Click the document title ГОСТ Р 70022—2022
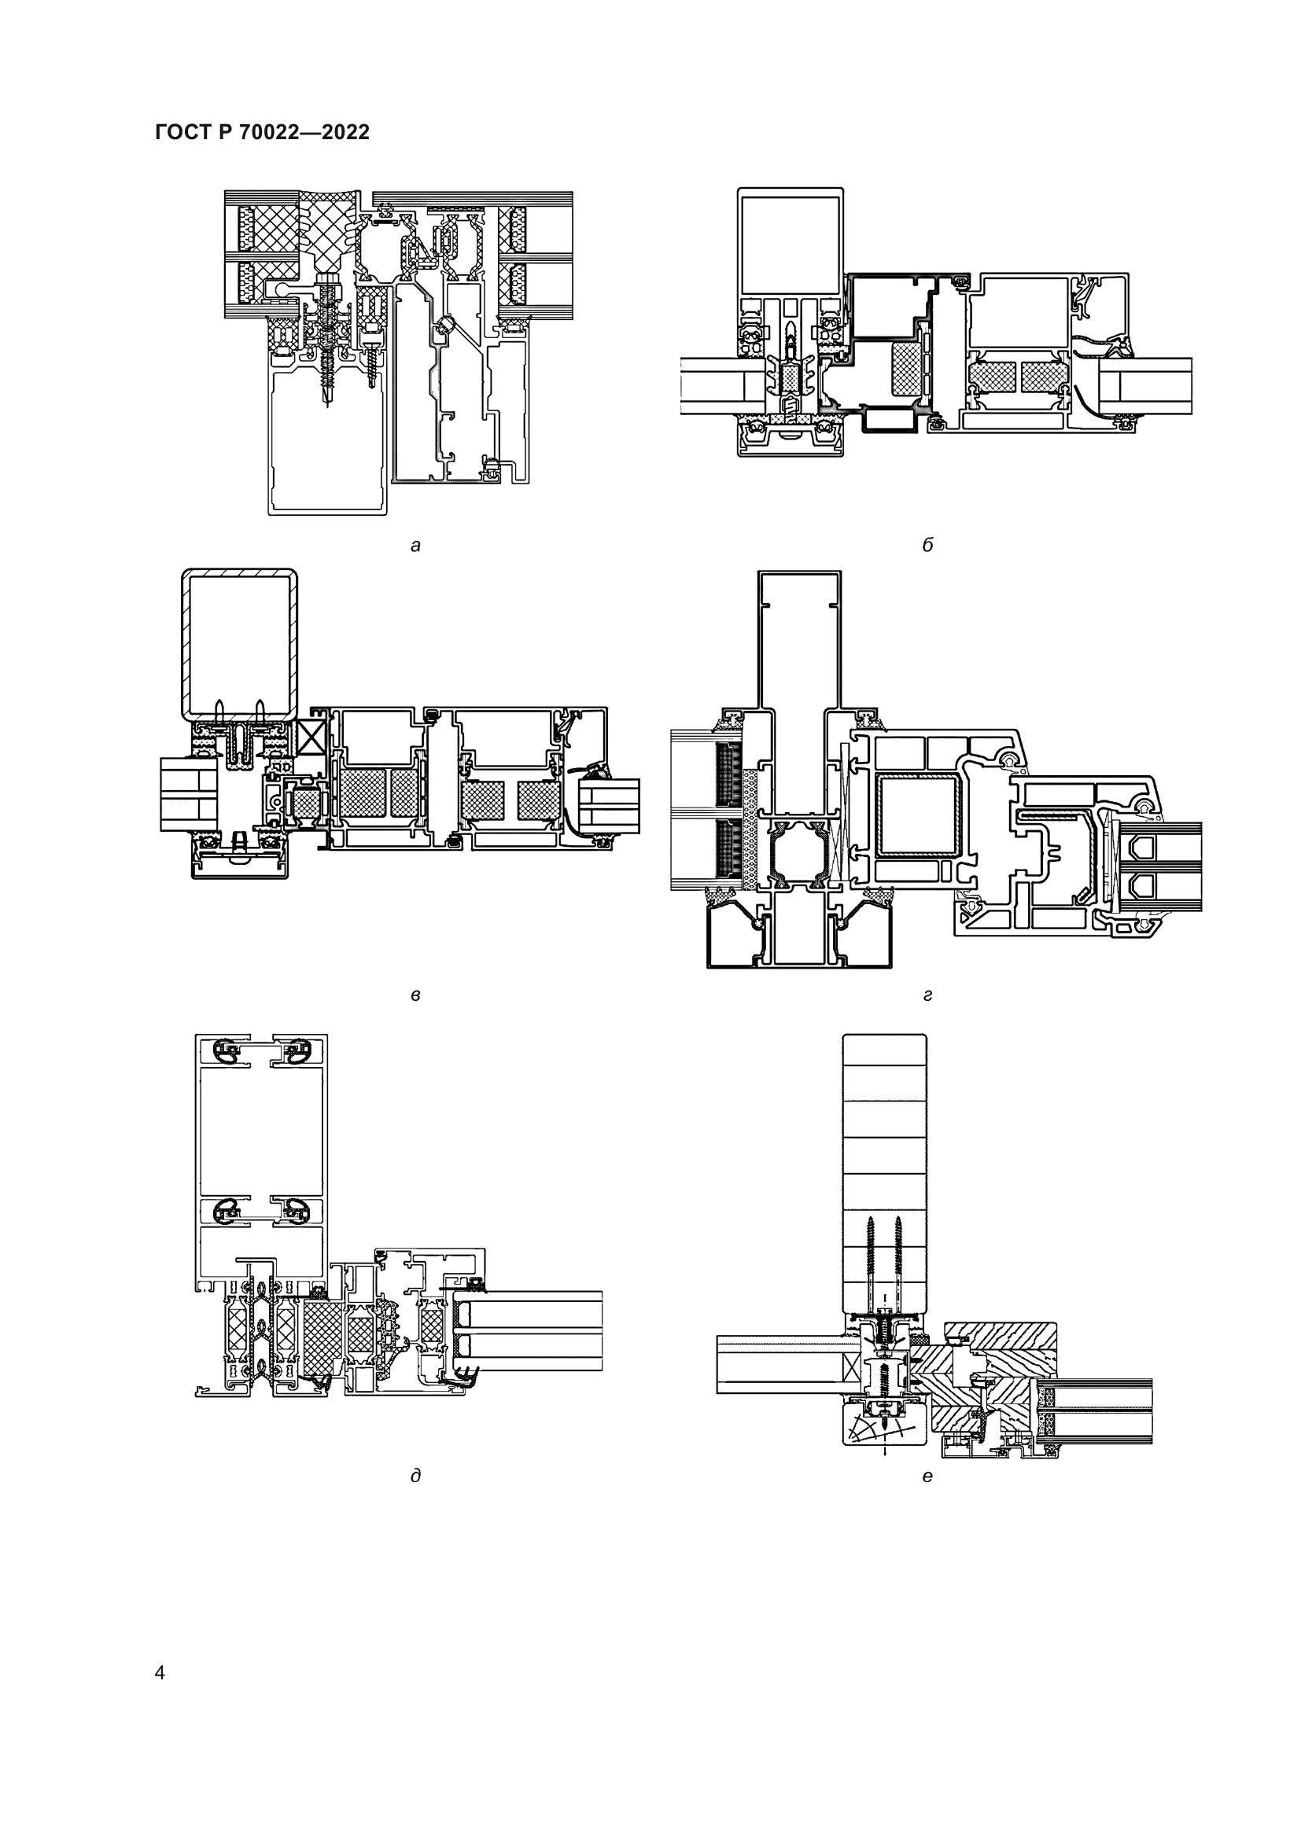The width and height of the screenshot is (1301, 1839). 262,133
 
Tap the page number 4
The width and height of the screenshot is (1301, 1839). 160,1672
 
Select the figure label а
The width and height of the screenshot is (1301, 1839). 415,546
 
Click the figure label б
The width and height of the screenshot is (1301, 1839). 927,546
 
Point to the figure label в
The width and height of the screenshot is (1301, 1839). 415,995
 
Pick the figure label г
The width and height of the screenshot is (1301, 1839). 927,995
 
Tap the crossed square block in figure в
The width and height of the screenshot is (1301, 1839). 310,734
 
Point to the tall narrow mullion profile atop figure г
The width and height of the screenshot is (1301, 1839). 798,641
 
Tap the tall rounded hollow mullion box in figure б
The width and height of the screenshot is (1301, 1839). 790,245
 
